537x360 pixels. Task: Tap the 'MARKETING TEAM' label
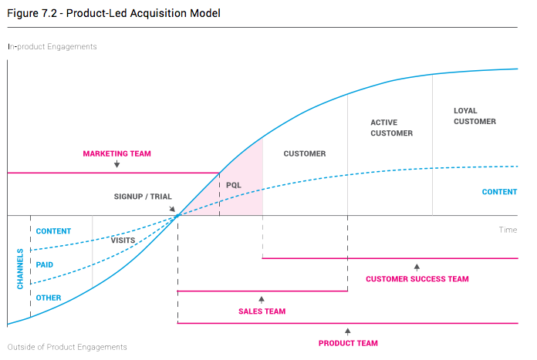coord(117,153)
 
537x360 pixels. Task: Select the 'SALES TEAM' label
coord(262,311)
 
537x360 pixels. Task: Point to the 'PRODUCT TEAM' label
coord(348,343)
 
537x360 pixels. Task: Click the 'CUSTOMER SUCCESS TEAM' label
coord(417,279)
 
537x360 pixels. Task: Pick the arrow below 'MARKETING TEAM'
coord(117,164)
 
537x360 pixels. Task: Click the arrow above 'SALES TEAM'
coord(262,299)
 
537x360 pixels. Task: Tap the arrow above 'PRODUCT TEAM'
coord(348,331)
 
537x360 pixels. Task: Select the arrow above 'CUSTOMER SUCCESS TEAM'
coord(417,267)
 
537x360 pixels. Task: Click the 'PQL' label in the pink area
coord(234,185)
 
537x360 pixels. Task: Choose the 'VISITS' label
coord(123,241)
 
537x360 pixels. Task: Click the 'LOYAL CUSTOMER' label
coord(475,116)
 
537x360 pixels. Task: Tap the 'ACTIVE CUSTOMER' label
coord(391,128)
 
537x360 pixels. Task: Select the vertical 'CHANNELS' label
coord(20,269)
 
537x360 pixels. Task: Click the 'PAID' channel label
coord(45,264)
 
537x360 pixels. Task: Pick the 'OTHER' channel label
coord(49,298)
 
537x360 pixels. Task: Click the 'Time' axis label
coord(508,230)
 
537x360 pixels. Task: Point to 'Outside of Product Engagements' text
coord(66,347)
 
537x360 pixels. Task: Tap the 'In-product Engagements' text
coord(52,46)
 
